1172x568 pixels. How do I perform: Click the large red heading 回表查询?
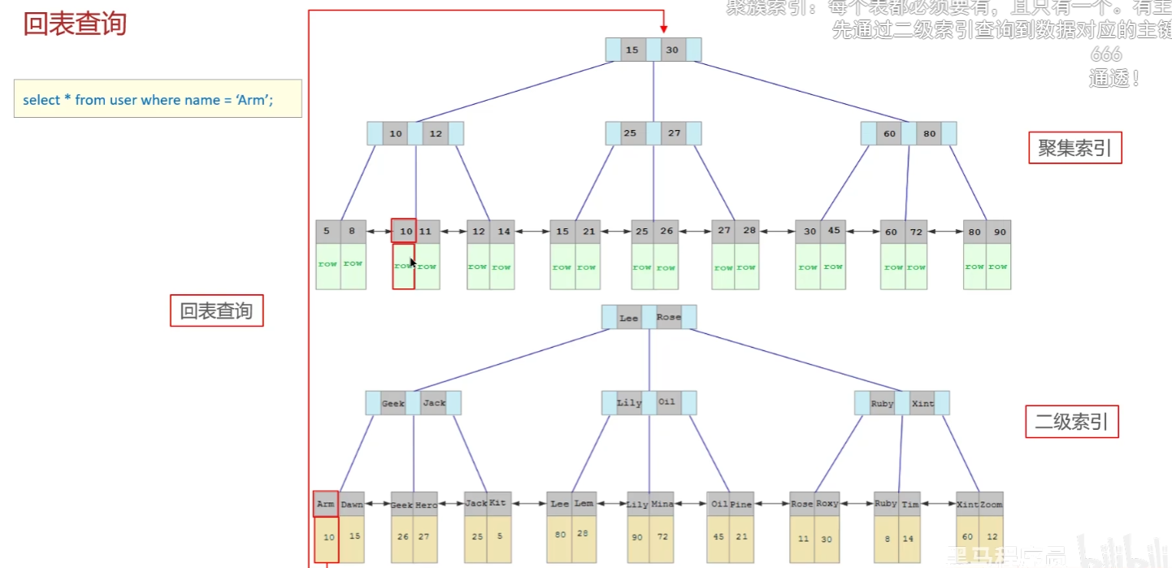(x=75, y=24)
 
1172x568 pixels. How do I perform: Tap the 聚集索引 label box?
(x=1074, y=148)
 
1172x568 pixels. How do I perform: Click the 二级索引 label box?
(x=1071, y=423)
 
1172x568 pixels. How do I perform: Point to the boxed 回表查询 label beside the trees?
(x=216, y=311)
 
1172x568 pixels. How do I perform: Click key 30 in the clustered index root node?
(x=672, y=50)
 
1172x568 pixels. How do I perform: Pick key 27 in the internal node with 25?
(x=674, y=133)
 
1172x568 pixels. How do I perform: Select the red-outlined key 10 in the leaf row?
(x=404, y=232)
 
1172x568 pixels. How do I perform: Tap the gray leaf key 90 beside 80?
(x=999, y=232)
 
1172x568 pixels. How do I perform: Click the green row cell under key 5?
(x=328, y=266)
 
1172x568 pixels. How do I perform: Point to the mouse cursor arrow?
(x=413, y=262)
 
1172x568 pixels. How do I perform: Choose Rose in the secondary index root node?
(x=669, y=317)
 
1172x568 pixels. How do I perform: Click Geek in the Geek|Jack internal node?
(x=393, y=403)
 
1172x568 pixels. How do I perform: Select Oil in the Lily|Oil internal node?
(x=666, y=402)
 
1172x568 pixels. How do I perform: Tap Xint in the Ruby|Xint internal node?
(x=922, y=403)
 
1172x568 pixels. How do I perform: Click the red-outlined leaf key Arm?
(x=326, y=504)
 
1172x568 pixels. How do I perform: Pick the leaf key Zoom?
(x=991, y=504)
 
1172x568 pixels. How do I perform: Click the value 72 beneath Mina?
(x=662, y=537)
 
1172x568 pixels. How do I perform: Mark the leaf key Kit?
(x=498, y=503)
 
